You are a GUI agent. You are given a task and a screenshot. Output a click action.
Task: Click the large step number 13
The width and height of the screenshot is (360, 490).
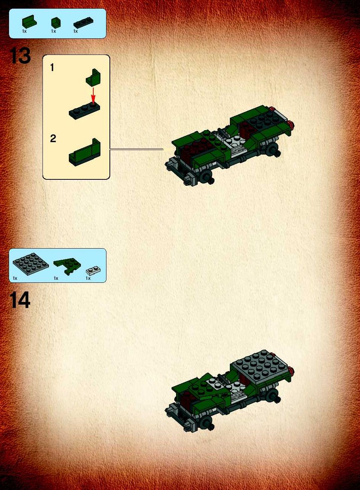20,56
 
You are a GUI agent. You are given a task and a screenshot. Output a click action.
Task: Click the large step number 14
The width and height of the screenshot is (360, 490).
20,300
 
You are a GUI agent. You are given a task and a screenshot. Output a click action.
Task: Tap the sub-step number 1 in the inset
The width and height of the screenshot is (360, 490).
52,67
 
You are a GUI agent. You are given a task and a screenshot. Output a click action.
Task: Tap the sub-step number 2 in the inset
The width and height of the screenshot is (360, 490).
53,138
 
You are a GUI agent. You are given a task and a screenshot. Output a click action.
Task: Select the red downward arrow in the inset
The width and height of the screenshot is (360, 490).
93,96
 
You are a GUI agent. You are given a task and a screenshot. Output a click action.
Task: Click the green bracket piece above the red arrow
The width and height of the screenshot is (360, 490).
93,77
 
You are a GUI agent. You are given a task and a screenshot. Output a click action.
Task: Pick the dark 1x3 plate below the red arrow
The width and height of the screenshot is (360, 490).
85,111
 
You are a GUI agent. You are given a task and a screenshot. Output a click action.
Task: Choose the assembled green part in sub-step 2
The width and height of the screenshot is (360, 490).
85,152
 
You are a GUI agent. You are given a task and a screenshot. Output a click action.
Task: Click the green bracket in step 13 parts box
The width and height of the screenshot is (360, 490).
29,22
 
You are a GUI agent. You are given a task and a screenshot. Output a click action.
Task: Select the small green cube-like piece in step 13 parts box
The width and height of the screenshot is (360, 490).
56,23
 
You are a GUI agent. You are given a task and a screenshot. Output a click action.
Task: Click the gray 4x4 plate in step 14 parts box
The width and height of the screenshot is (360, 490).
31,264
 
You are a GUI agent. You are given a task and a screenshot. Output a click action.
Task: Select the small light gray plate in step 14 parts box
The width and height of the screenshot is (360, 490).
93,270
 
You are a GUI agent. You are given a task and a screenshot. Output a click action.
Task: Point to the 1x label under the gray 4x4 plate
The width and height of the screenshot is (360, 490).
15,278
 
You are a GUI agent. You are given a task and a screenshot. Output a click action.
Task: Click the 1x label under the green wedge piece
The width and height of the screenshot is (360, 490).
56,278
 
